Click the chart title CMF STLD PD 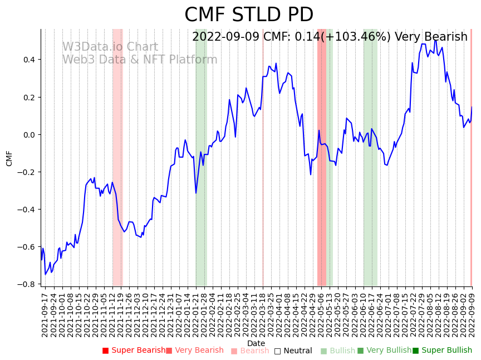(x=249, y=15)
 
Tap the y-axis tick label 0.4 (x=28, y=60)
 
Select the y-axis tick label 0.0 (x=28, y=135)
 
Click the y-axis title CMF (x=9, y=158)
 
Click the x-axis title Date (x=256, y=343)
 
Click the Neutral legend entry (x=293, y=351)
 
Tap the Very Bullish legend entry (x=384, y=351)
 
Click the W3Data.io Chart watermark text (x=110, y=47)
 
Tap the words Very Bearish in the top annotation (x=431, y=37)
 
